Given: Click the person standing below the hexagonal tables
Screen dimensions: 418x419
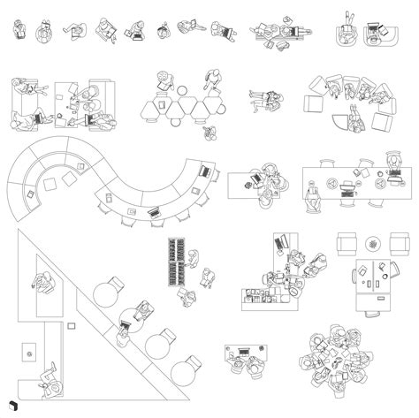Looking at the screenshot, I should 209,133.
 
